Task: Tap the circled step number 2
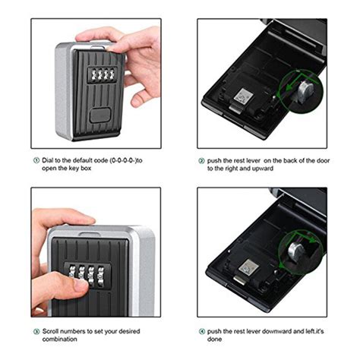pyautogui.click(x=202, y=162)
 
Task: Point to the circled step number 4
pyautogui.click(x=202, y=332)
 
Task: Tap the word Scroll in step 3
pyautogui.click(x=53, y=332)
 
